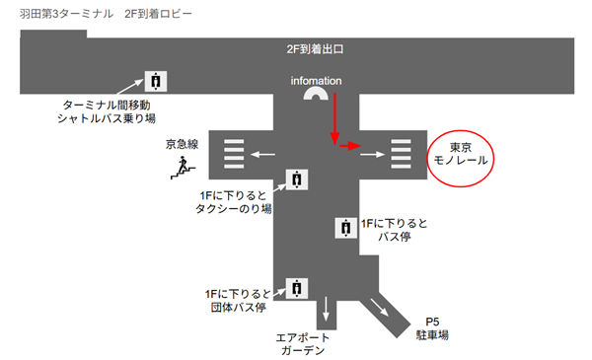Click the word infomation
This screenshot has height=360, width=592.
(x=316, y=80)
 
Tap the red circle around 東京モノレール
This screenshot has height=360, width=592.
(x=462, y=157)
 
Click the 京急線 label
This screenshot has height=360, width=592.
(x=183, y=144)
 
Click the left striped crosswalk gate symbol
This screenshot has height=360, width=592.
(x=234, y=154)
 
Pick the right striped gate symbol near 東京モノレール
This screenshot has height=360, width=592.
(x=401, y=154)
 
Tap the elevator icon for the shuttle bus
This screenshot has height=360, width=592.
(x=156, y=80)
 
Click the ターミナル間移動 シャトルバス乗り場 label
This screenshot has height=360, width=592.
(x=109, y=111)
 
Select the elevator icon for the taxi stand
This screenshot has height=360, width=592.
(x=295, y=179)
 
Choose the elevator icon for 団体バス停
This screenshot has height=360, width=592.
(x=295, y=288)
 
